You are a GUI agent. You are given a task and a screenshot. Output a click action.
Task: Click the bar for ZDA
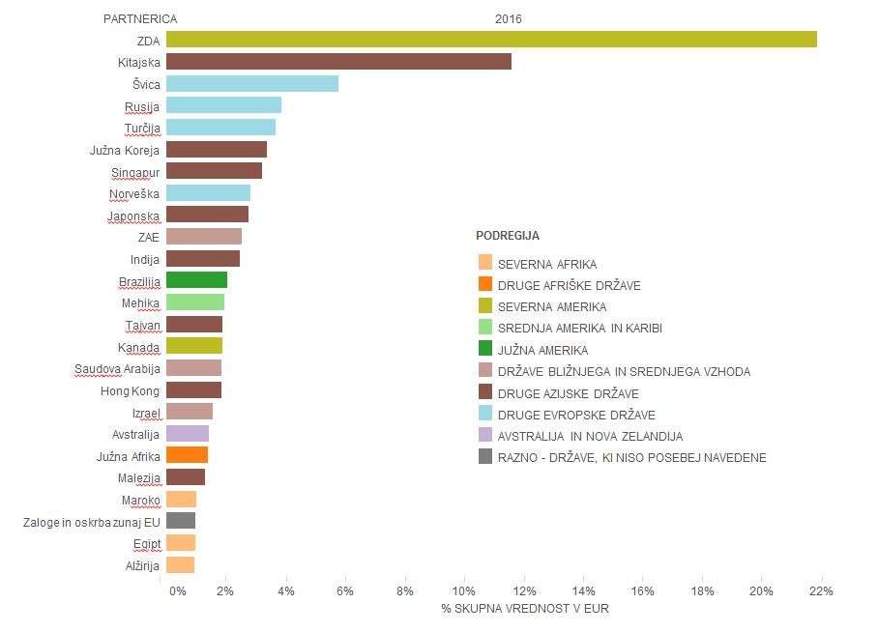pos(491,40)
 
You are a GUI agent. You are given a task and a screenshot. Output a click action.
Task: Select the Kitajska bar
pos(338,62)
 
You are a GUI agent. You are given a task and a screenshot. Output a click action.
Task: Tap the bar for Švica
pos(252,84)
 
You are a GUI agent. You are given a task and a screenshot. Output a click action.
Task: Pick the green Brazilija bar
pos(196,280)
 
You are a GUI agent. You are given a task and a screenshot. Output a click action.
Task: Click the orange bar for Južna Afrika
pos(187,455)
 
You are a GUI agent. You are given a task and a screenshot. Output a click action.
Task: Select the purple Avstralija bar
pos(188,434)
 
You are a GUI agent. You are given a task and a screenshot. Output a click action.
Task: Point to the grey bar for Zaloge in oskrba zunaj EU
pos(181,521)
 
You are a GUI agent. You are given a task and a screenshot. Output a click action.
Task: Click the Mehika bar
pos(195,302)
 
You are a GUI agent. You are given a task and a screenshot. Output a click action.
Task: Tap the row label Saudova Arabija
pos(117,368)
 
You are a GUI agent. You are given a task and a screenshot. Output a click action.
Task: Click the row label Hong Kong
pos(131,390)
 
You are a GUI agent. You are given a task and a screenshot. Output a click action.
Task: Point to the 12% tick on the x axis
pos(524,591)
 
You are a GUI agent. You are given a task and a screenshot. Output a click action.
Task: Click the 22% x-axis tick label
pos(821,591)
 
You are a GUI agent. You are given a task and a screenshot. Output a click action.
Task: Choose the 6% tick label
pos(344,591)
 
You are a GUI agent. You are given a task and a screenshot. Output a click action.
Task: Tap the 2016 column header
pos(509,18)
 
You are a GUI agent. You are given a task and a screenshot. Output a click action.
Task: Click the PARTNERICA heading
pos(140,18)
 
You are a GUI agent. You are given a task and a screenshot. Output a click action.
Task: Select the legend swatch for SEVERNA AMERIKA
pos(485,306)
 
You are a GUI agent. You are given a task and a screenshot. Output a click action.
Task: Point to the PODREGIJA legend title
pos(508,236)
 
